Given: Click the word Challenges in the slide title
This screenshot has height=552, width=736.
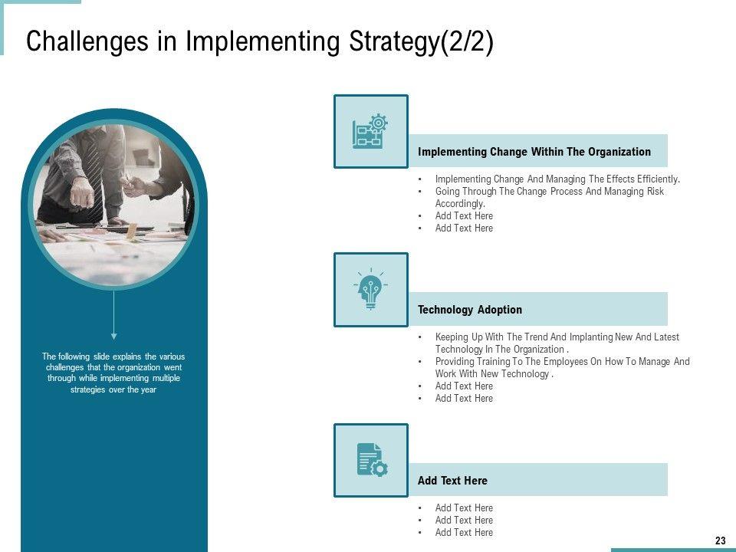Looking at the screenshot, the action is (x=87, y=41).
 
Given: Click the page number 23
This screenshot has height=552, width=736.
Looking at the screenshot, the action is (x=721, y=540).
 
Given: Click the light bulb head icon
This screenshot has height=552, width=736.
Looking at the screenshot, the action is (x=371, y=289).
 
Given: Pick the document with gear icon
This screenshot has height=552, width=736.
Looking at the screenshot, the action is (x=372, y=460).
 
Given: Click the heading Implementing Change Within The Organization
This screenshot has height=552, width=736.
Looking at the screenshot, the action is (x=534, y=152).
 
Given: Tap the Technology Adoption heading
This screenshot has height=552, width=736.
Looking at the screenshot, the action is (x=470, y=310).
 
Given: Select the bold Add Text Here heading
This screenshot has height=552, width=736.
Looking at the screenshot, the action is (x=452, y=481).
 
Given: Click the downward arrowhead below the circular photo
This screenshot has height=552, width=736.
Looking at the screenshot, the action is (x=113, y=336).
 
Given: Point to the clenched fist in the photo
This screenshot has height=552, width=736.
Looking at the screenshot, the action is (x=82, y=192).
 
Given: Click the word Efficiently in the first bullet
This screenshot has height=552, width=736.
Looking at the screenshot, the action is (x=659, y=179).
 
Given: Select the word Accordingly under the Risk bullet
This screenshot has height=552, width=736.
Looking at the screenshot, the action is (x=460, y=204).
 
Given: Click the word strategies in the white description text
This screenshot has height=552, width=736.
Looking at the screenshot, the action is (x=87, y=389).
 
